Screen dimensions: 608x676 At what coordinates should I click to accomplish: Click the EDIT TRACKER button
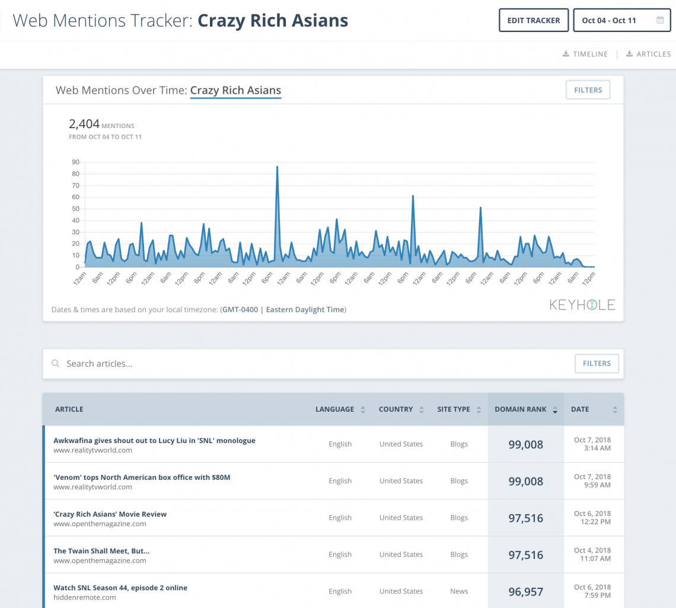coord(534,20)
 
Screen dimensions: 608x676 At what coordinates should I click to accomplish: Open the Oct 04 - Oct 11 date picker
coord(621,20)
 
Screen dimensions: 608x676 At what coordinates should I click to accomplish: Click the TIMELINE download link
coord(585,54)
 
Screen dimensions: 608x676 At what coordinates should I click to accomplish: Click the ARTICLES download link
coord(649,54)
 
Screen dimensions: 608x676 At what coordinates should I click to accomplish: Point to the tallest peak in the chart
coord(277,167)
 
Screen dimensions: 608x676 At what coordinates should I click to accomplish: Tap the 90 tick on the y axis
coord(75,162)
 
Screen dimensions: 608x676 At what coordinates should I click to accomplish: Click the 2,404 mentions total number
coord(84,124)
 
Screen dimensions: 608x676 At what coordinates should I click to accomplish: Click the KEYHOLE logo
coord(582,305)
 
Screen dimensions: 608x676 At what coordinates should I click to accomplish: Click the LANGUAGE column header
coord(334,409)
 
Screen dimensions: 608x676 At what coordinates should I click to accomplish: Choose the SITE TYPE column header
coord(454,409)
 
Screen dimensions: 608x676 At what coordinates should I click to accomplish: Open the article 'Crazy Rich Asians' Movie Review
coord(110,514)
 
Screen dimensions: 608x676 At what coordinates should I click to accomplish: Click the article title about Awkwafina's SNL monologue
coord(154,441)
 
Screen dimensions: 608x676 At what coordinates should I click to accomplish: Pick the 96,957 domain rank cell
coord(525,591)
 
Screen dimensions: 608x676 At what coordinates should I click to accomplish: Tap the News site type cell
coord(459,591)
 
